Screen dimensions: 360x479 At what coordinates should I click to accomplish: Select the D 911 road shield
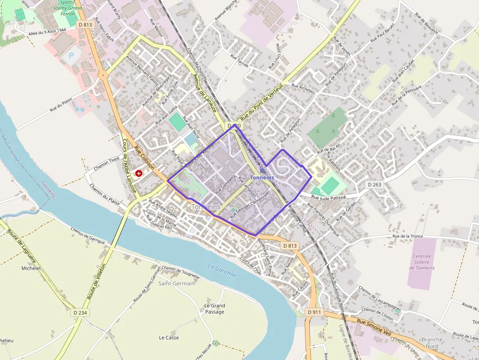pos(314,312)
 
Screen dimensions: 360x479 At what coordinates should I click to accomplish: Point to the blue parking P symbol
pos(71,56)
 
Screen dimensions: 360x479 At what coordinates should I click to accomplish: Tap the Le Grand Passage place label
pos(215,309)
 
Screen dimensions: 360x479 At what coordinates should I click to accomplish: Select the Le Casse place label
pos(169,338)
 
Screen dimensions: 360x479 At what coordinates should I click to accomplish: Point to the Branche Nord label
pos(432,343)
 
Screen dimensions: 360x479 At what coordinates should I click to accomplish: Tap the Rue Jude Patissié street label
pos(327,196)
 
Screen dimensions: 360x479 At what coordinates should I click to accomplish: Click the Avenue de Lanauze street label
pos(205,93)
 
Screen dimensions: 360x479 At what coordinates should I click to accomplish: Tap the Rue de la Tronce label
pos(404,236)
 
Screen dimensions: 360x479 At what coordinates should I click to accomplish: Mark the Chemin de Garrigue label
pos(87,235)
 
